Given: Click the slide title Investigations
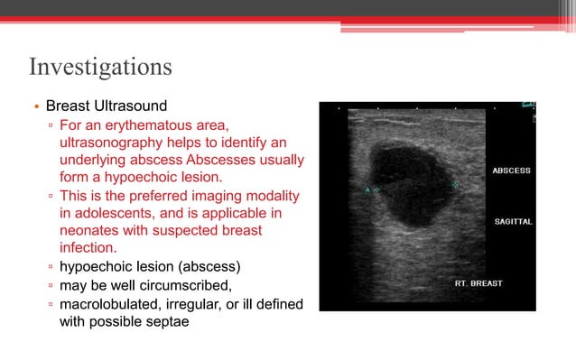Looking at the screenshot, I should click(100, 68).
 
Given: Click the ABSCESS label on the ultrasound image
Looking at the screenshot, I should click(510, 170).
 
